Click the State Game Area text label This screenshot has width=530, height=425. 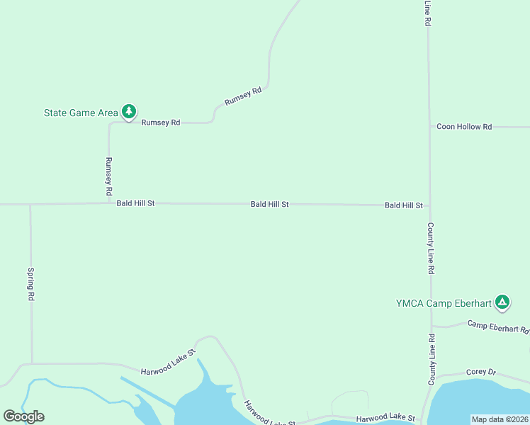click(81, 113)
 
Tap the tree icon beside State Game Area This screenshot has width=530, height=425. click(128, 111)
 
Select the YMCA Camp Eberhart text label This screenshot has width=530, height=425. click(443, 303)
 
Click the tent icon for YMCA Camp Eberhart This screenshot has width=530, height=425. click(502, 302)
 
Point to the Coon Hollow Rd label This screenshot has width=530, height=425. click(464, 127)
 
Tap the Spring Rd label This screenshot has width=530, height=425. click(31, 284)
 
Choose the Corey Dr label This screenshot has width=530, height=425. click(481, 372)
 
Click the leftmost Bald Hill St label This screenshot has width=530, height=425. click(135, 203)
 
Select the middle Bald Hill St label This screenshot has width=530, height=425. click(269, 204)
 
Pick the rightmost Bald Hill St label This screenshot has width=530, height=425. click(403, 205)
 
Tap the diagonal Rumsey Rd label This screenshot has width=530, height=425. click(243, 96)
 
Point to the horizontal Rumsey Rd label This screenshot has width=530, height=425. click(161, 123)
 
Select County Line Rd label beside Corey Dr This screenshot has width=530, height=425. click(431, 359)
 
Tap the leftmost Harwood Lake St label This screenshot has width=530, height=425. click(167, 370)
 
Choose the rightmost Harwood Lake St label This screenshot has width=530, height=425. click(385, 419)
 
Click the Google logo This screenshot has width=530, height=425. click(23, 416)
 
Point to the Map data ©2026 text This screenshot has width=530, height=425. click(500, 419)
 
